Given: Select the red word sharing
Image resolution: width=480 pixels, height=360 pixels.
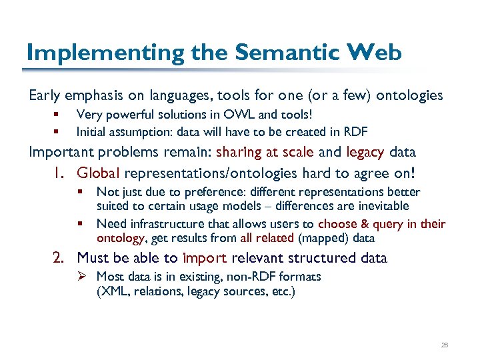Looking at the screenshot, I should [241, 151].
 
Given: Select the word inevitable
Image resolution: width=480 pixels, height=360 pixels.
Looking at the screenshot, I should [379, 206].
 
